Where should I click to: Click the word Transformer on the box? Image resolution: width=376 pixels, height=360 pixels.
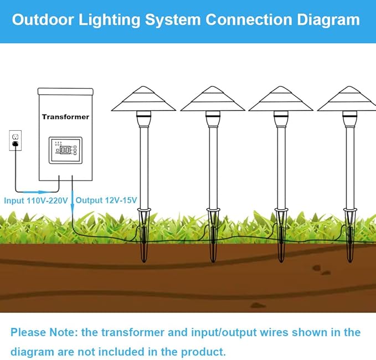(65, 117)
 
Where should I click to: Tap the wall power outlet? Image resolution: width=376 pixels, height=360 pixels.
(15, 140)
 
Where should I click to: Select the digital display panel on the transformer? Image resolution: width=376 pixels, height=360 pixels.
(65, 150)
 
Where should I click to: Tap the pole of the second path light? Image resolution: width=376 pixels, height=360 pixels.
(213, 166)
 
